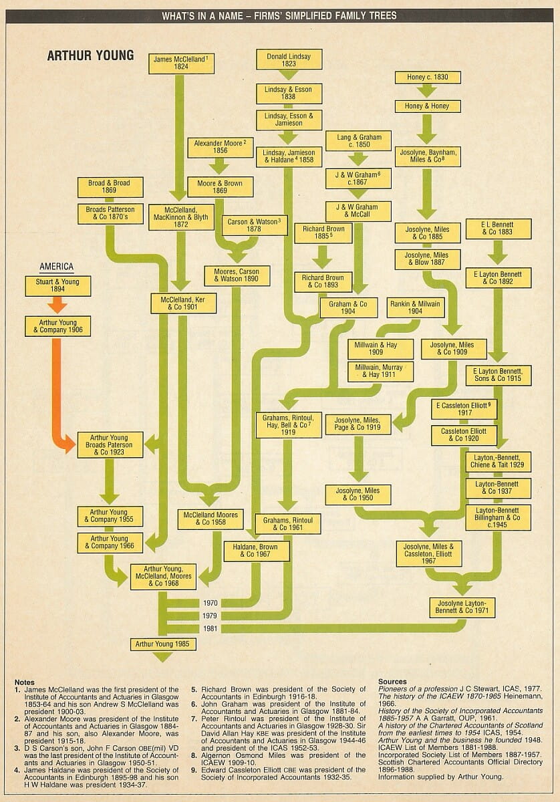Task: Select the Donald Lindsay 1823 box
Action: point(289,59)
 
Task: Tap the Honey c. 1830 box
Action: point(428,78)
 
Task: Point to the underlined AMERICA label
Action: point(57,267)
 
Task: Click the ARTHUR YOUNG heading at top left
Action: point(90,55)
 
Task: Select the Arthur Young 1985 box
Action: point(162,644)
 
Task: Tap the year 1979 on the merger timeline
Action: point(211,616)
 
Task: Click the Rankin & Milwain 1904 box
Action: point(415,307)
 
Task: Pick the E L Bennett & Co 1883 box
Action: point(497,229)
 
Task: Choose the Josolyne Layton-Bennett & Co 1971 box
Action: point(462,607)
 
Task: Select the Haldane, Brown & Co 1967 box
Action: point(256,550)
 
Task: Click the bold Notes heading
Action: point(24,682)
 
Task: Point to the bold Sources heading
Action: point(392,682)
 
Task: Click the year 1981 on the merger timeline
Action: point(211,628)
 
